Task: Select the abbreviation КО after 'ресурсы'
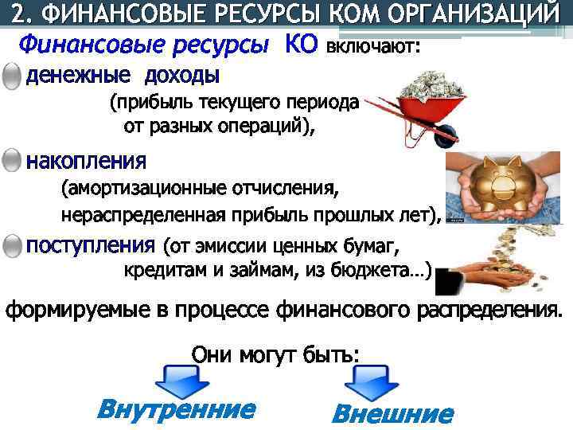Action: pos(300,46)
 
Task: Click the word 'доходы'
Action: pos(181,76)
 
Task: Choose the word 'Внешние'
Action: pos(392,413)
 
